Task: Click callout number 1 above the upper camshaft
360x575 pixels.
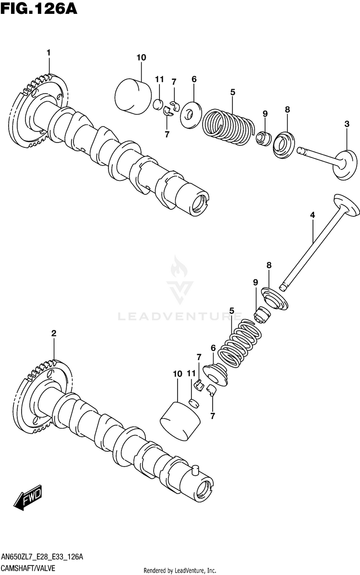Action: pos(48,52)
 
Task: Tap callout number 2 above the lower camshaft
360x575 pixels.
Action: pos(54,333)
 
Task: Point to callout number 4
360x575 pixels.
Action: pos(312,216)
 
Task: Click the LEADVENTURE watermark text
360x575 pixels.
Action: pos(180,316)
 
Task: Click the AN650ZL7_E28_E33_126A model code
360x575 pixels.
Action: pos(42,557)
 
